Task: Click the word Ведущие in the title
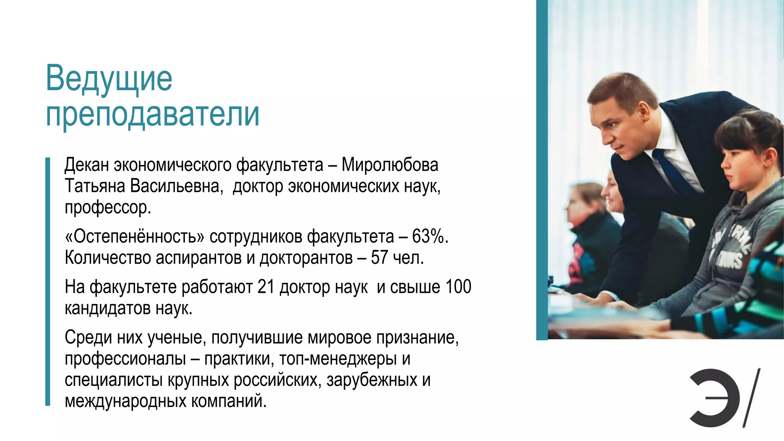point(109,79)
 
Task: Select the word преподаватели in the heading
point(152,114)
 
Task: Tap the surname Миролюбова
point(390,165)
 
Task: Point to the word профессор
point(108,208)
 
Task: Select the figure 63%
point(429,237)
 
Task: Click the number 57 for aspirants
point(379,258)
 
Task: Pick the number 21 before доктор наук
point(266,287)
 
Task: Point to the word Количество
point(108,258)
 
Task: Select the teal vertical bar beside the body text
point(48,281)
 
